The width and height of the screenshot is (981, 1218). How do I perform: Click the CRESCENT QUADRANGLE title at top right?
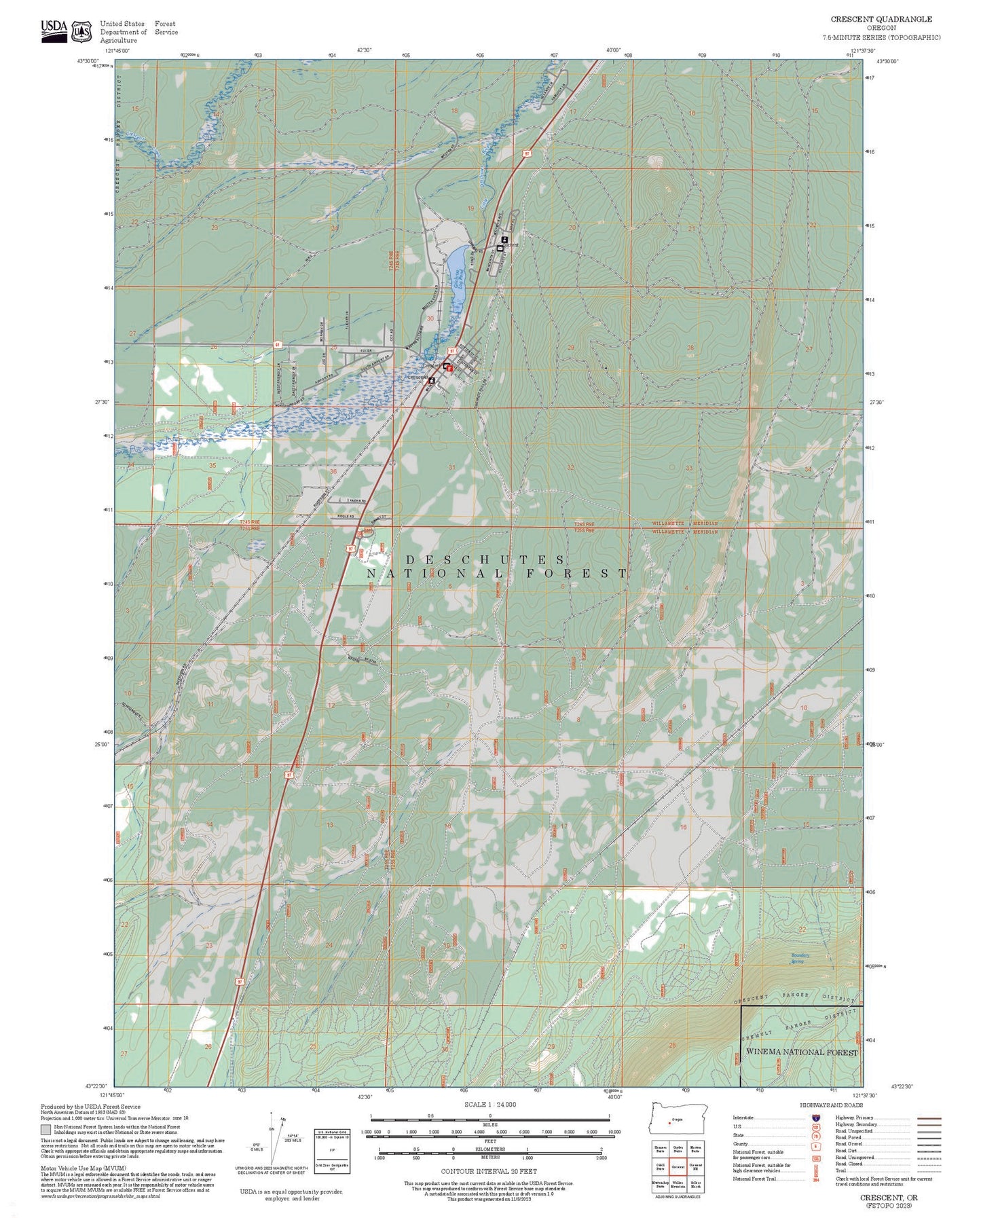[x=881, y=19]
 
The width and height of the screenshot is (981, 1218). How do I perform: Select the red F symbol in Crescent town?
[x=449, y=368]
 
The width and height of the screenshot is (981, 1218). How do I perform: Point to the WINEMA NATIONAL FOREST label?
[x=801, y=1052]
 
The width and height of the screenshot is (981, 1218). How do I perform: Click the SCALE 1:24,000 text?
[x=490, y=1104]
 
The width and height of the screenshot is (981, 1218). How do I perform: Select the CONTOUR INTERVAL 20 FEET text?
[x=489, y=1170]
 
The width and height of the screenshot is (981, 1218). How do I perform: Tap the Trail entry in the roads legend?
[x=841, y=1170]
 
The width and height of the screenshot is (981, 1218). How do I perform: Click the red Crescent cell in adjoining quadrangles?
[x=678, y=1166]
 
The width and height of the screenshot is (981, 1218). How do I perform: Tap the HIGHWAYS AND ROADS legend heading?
[x=831, y=1105]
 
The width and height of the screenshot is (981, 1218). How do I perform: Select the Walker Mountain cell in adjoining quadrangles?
[x=678, y=1184]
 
